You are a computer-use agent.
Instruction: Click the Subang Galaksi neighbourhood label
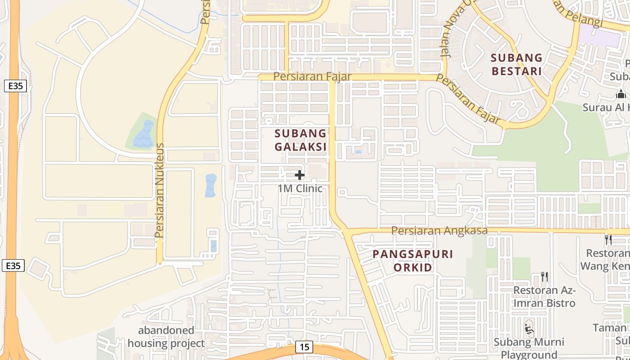[x=300, y=140]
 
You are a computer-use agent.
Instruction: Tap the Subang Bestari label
[x=516, y=64]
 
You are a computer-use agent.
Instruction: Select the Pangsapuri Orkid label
[x=413, y=261]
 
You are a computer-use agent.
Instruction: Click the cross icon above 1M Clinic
[x=300, y=175]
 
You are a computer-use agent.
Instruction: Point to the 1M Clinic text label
[x=300, y=188]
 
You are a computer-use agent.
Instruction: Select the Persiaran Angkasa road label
[x=439, y=230]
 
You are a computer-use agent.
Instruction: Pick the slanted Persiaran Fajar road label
[x=468, y=99]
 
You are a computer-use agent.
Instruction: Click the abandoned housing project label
[x=166, y=337]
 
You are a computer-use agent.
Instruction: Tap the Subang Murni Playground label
[x=529, y=348]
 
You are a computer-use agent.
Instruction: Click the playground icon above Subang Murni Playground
[x=529, y=329]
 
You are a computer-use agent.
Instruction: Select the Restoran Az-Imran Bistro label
[x=544, y=296]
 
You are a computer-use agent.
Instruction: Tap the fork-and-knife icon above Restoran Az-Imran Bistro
[x=544, y=276]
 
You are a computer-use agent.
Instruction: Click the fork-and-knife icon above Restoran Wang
[x=608, y=239]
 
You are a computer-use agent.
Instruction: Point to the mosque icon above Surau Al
[x=621, y=94]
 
